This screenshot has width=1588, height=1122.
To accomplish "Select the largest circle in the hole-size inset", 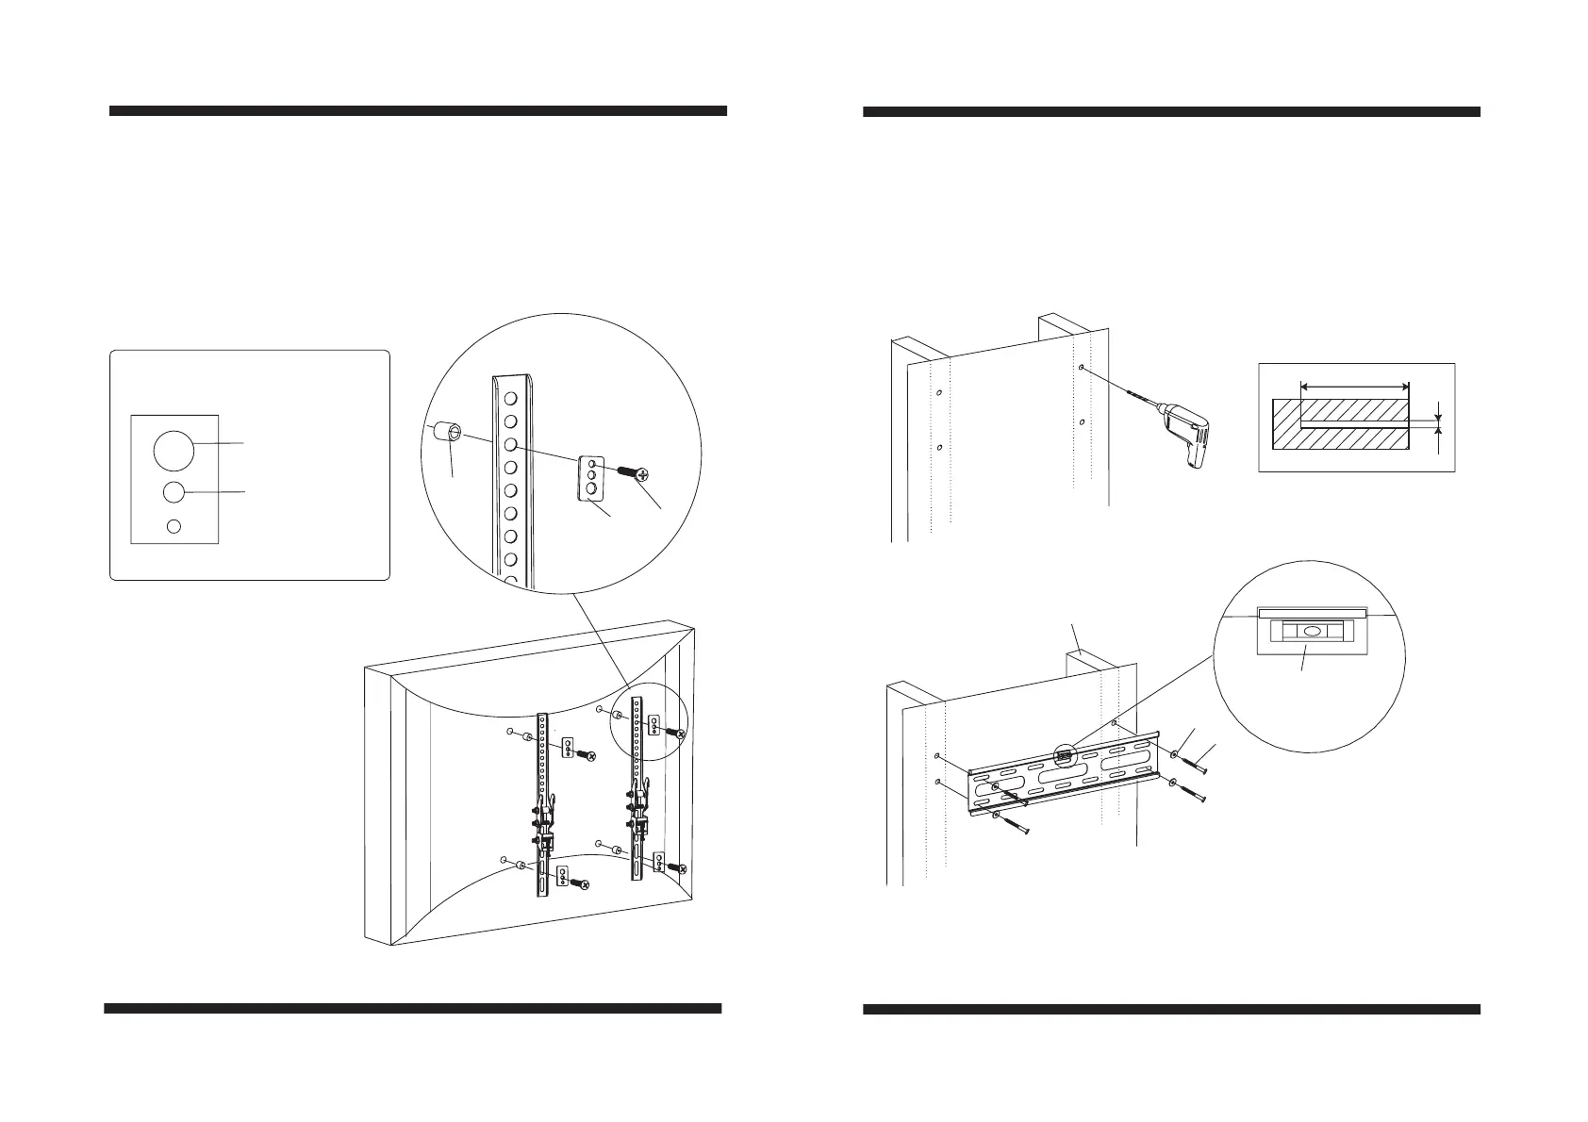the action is point(174,451).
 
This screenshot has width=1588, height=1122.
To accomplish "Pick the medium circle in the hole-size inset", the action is point(174,492).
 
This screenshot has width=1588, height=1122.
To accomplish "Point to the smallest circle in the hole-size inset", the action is point(174,526).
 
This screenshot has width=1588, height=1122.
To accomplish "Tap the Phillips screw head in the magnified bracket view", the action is point(644,474).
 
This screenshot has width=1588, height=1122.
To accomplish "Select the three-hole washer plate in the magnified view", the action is point(590,479).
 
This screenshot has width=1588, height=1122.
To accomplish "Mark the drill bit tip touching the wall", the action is point(1084,369).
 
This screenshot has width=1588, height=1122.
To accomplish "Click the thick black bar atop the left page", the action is point(418,110).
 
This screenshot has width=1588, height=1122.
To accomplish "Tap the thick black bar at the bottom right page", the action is point(1171,1009).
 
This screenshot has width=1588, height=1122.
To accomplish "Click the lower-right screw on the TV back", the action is point(677,866).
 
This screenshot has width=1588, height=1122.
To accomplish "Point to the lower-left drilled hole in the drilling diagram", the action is point(939,447).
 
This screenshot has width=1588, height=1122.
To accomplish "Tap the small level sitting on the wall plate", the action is point(1065,754).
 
